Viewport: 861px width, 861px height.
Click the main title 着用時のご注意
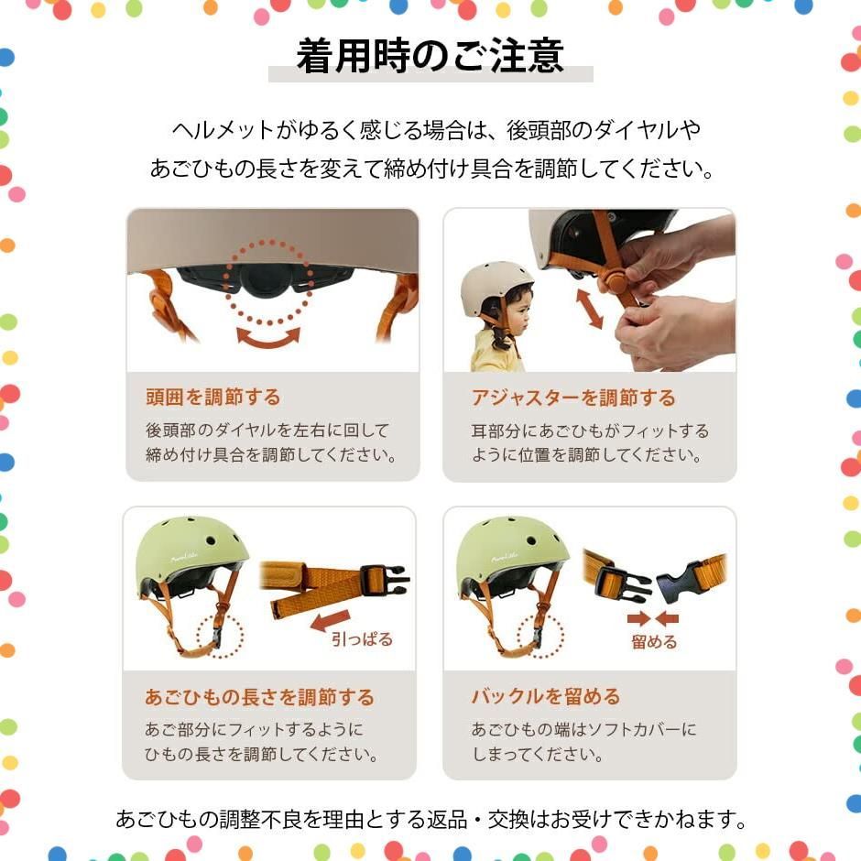coord(430,56)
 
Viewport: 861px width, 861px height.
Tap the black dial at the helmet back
coord(268,280)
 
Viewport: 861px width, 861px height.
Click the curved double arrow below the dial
coord(268,338)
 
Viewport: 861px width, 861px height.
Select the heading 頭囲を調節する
coord(213,397)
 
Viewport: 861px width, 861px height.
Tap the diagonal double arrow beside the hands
coord(589,310)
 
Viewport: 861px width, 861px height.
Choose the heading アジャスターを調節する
coord(573,398)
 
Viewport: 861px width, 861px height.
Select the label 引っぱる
coord(362,639)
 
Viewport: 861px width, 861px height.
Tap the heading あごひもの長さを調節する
coord(259,697)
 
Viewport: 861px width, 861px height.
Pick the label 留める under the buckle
coord(654,641)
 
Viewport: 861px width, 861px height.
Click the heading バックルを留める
coord(546,696)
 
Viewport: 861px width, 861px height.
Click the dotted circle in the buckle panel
coord(540,636)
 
